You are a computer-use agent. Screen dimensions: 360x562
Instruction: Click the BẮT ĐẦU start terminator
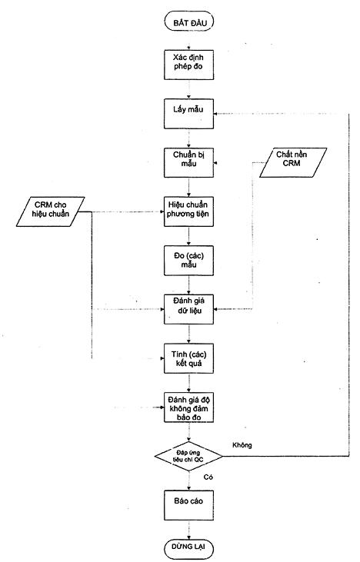189,22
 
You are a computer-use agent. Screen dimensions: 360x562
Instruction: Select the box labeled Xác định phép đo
189,65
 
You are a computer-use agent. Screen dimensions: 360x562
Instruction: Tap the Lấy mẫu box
189,114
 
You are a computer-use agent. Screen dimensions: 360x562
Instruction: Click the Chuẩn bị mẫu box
189,163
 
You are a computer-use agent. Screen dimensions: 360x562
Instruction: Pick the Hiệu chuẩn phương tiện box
189,211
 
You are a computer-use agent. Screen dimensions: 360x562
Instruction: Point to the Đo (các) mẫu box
189,261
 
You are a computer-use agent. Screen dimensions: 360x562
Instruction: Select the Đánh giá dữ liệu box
189,309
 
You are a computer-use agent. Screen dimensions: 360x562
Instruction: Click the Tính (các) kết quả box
189,358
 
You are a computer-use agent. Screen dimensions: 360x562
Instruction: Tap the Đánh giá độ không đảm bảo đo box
189,407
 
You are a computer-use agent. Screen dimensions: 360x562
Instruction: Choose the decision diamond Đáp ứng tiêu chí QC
188,456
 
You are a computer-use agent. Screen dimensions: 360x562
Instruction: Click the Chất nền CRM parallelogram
293,162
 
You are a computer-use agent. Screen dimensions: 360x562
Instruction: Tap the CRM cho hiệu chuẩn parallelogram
51,211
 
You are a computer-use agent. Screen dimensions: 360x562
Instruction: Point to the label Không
242,445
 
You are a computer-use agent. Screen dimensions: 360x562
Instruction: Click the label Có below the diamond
208,477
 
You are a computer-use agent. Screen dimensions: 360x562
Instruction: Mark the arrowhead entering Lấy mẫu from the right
215,114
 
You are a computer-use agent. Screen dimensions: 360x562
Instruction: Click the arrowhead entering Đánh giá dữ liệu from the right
216,309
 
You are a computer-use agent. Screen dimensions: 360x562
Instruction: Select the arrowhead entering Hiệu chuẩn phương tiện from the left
162,211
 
